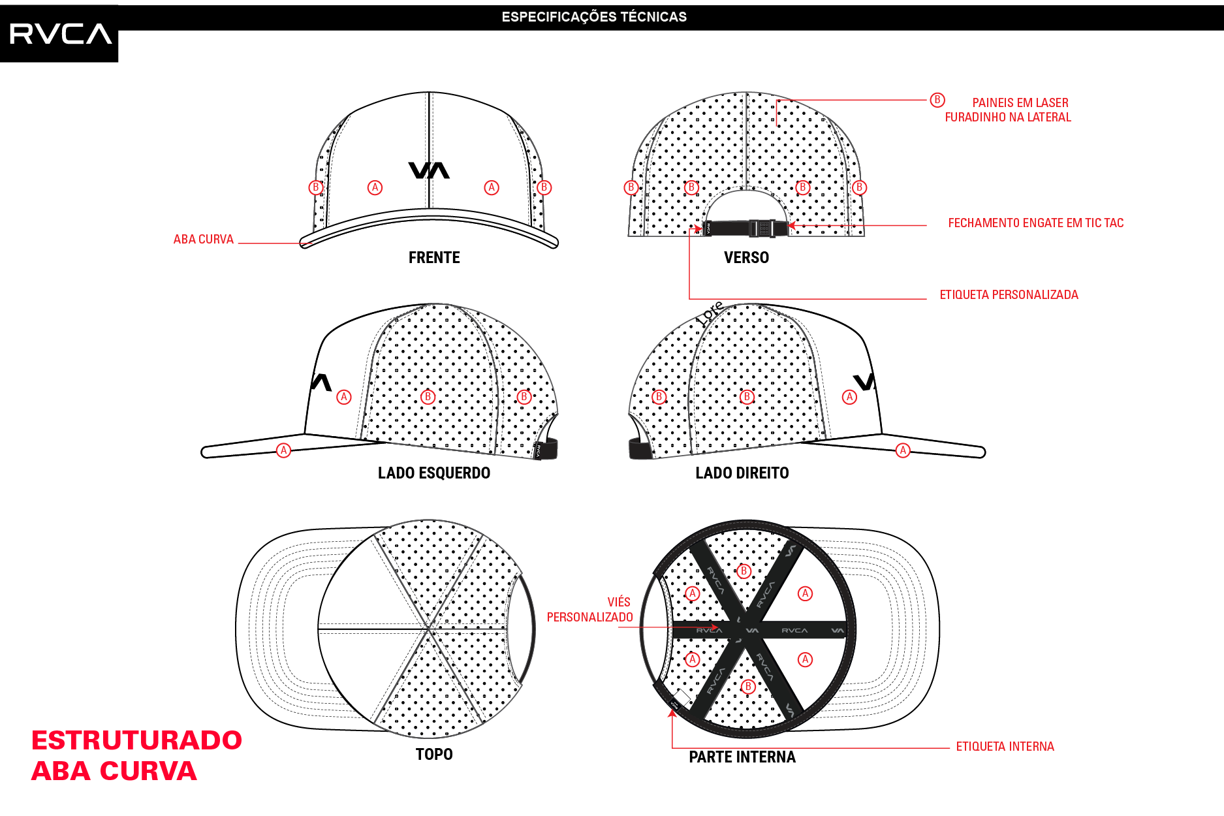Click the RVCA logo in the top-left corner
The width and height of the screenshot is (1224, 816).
click(60, 34)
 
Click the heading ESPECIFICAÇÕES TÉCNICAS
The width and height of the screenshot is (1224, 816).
click(594, 17)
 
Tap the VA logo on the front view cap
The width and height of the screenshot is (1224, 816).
click(429, 170)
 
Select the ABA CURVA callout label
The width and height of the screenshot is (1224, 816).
click(203, 240)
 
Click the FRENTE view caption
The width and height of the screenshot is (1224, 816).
click(434, 258)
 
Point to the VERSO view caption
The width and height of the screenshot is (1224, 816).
click(746, 258)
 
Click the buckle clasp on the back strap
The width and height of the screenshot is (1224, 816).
click(762, 228)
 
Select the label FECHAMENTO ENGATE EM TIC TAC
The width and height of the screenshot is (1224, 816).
click(1036, 223)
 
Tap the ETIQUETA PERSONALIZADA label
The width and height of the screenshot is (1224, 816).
click(1009, 295)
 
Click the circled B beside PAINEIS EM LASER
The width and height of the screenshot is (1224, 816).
click(937, 100)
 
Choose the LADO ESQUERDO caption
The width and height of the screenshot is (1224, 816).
click(434, 473)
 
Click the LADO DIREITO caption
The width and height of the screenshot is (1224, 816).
click(742, 473)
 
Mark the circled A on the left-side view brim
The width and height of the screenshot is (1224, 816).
click(283, 450)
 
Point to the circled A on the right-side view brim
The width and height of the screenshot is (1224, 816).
click(903, 450)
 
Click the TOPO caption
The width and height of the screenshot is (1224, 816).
click(434, 755)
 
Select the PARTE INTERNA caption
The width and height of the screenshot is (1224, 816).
click(742, 757)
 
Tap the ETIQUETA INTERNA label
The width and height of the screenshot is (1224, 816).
click(1005, 747)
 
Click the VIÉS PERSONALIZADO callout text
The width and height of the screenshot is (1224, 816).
click(589, 610)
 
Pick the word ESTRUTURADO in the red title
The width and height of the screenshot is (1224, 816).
click(136, 740)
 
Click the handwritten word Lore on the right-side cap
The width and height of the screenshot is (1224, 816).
click(710, 313)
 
